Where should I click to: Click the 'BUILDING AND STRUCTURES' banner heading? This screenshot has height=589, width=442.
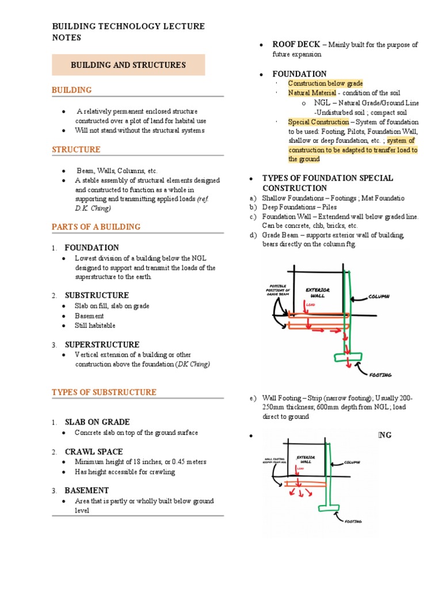click(128, 65)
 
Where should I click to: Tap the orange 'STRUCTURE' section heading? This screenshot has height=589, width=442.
click(76, 150)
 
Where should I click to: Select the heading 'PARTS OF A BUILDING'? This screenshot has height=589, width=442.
click(96, 227)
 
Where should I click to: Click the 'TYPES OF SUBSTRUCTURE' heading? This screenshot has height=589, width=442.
click(104, 392)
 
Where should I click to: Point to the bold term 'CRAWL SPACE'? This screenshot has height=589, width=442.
click(93, 452)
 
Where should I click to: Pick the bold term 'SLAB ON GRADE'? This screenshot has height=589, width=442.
click(97, 422)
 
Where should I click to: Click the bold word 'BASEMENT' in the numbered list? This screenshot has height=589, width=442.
click(86, 491)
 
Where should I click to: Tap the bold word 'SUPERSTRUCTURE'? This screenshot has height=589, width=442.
click(102, 345)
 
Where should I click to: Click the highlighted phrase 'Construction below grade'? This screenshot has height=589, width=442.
click(325, 83)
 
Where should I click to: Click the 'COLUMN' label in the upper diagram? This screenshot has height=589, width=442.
click(378, 297)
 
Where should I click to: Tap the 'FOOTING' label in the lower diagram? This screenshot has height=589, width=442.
click(353, 522)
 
